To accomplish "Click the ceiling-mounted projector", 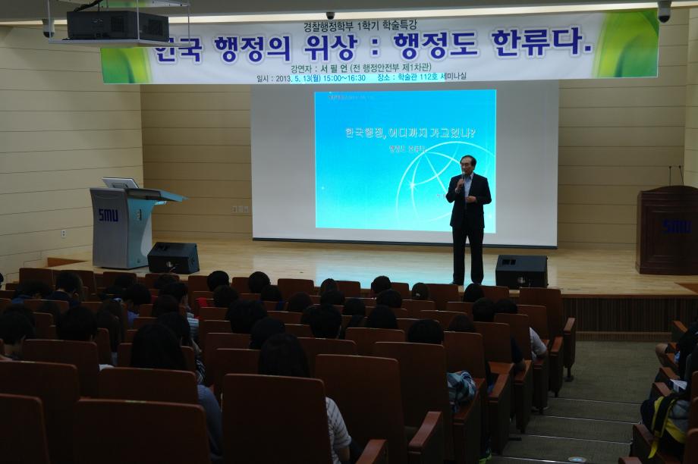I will pyautogui.click(x=117, y=25).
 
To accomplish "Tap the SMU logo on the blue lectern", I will pyautogui.click(x=108, y=215).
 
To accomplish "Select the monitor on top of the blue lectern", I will pyautogui.click(x=120, y=183).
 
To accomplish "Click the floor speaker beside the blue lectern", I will pyautogui.click(x=172, y=257).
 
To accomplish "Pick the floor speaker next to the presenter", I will pyautogui.click(x=521, y=271).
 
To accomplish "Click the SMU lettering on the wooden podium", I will pyautogui.click(x=676, y=225).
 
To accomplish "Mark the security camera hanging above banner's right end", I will pyautogui.click(x=664, y=11).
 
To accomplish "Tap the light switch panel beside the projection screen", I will pyautogui.click(x=241, y=208).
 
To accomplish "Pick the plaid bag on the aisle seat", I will pyautogui.click(x=461, y=387).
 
